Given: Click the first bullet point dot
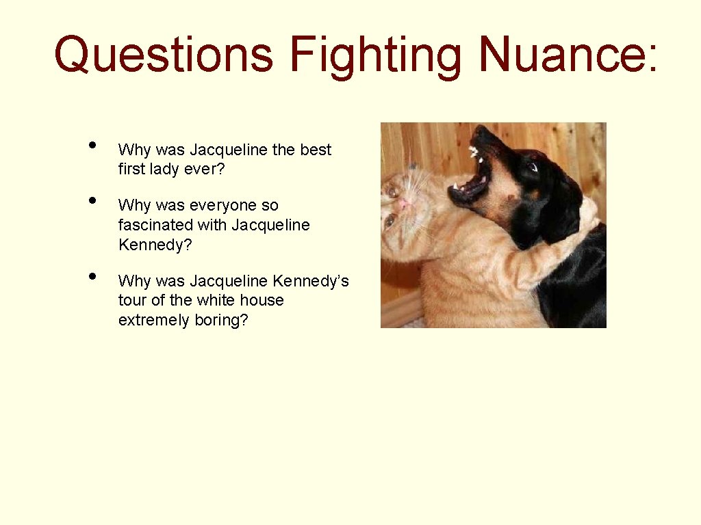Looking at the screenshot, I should point(91,144).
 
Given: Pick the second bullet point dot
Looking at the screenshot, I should point(91,200).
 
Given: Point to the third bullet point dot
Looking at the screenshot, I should point(91,275).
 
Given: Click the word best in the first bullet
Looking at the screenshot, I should point(316,150).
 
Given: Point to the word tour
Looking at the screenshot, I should point(133,300).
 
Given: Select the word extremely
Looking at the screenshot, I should point(151,320).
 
